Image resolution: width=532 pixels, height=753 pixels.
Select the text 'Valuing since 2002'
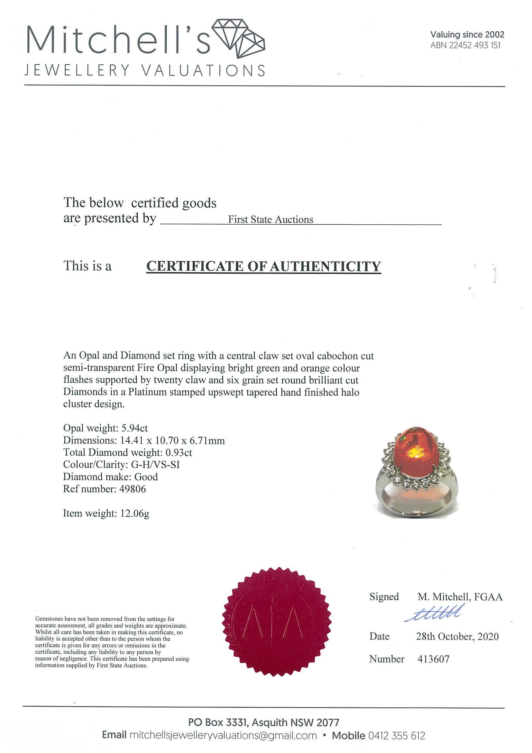pyautogui.click(x=467, y=34)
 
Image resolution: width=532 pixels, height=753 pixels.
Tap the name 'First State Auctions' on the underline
pyautogui.click(x=271, y=219)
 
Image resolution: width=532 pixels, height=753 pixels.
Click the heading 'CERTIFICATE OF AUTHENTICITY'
pyautogui.click(x=263, y=266)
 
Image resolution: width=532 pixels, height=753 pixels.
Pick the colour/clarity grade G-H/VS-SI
pyautogui.click(x=153, y=464)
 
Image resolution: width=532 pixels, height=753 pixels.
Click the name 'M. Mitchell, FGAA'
pyautogui.click(x=460, y=597)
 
